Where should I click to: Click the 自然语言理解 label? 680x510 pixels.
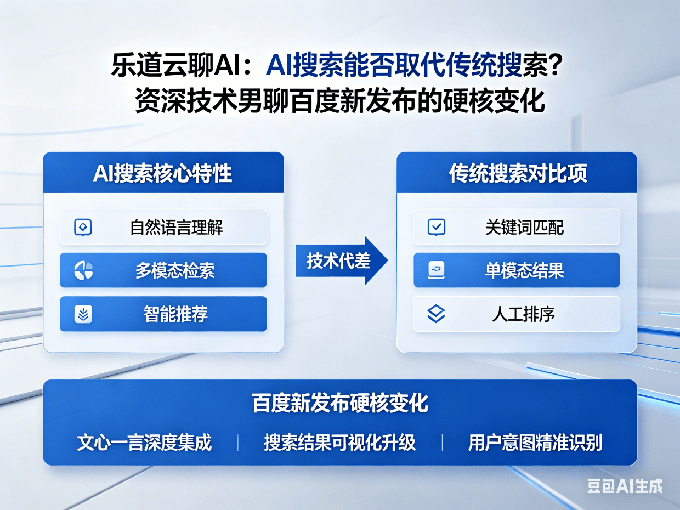coord(176,227)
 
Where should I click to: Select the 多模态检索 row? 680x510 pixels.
coord(163,270)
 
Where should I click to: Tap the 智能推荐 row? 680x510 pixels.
coord(163,314)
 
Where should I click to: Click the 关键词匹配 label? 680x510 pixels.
coord(524,227)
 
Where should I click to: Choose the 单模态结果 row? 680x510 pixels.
coord(517,270)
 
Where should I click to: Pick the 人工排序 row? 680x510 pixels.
coord(517,314)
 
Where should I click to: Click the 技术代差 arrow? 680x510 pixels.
coord(341,261)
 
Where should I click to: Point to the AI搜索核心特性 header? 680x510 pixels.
coord(163,173)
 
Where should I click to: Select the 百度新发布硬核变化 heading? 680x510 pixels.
coord(340,403)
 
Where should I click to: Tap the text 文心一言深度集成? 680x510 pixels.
coord(144,443)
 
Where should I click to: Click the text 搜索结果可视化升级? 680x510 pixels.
coord(339,443)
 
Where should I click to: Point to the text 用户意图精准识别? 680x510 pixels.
coord(535,443)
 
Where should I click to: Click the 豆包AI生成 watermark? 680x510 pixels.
coord(625,486)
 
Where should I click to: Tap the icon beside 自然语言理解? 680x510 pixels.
coord(82,227)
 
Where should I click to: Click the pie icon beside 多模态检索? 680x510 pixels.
coord(83,270)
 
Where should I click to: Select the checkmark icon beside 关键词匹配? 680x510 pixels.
coord(436,227)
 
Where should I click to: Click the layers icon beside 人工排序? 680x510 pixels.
coord(436,314)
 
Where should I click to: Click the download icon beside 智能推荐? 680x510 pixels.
coord(83,314)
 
